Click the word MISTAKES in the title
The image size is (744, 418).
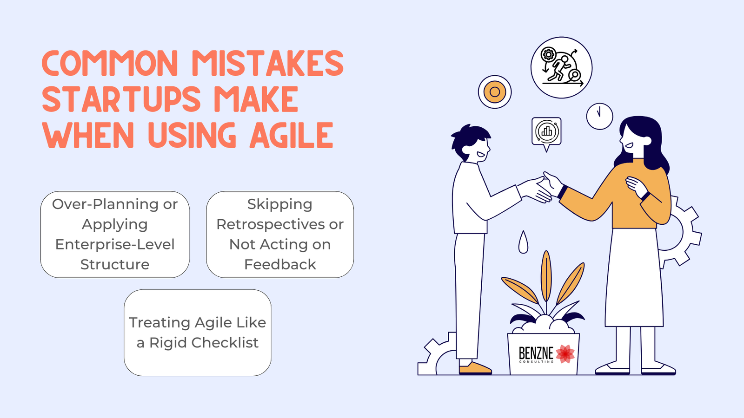tap(268, 63)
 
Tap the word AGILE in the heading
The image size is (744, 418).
tap(292, 135)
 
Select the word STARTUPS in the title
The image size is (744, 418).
tap(121, 99)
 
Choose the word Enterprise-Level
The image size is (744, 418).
tap(115, 245)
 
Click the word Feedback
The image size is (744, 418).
tap(280, 264)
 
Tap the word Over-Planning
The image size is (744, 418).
tap(105, 204)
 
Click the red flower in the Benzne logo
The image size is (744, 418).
tap(565, 353)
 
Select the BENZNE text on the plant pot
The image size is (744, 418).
tap(536, 353)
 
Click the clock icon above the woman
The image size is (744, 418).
tap(599, 116)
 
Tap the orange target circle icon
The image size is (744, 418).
tap(495, 92)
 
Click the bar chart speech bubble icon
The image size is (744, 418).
tap(546, 133)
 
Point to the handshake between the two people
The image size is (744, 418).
tap(545, 188)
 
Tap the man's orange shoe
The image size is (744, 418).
tap(475, 368)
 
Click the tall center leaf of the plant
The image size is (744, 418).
tap(546, 276)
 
